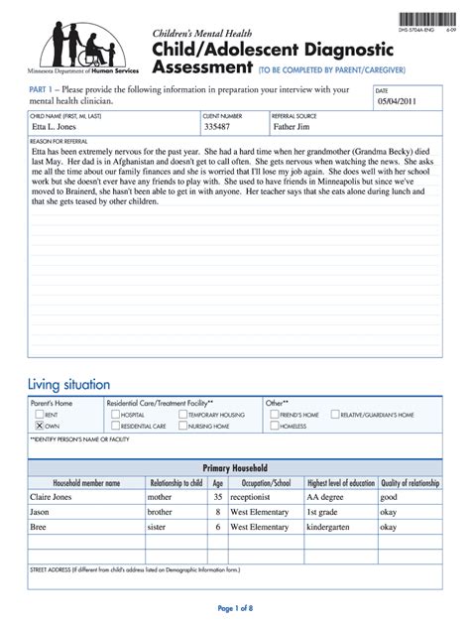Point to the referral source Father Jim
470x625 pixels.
298,127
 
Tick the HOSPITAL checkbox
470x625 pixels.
114,414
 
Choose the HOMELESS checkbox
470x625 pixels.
274,425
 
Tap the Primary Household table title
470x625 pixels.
235,467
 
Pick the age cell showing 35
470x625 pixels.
217,497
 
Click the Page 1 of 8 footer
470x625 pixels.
235,607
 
